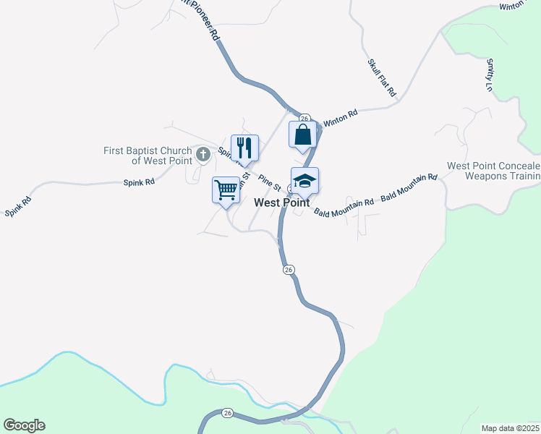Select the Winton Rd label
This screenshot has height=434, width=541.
[x=340, y=117]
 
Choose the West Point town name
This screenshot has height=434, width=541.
[x=282, y=203]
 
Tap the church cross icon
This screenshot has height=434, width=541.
[x=203, y=153]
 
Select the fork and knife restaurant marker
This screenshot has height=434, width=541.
[x=244, y=148]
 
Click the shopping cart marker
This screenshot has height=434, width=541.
[x=226, y=191]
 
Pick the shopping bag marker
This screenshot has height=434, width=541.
[x=302, y=135]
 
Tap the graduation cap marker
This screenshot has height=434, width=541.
[x=304, y=181]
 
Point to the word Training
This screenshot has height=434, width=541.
[x=526, y=176]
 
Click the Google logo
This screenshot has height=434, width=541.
[x=24, y=425]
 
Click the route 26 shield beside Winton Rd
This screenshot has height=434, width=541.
[x=304, y=118]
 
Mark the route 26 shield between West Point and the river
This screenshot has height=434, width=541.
[x=288, y=270]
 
